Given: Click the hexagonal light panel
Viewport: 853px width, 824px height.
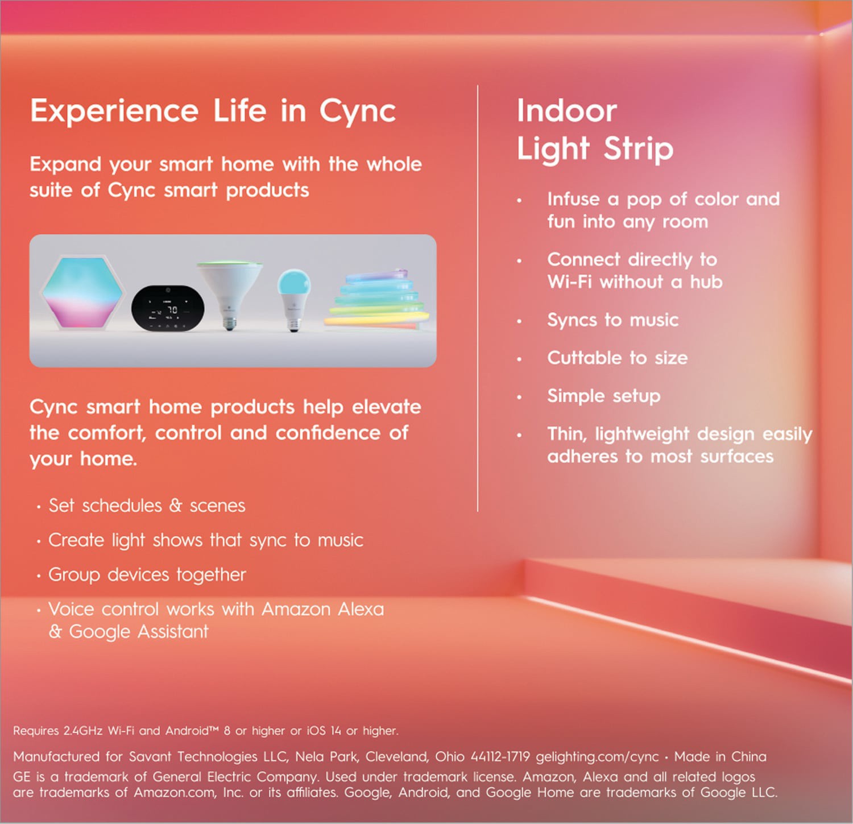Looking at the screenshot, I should (83, 293).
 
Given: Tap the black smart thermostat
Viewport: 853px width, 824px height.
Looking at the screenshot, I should (168, 308).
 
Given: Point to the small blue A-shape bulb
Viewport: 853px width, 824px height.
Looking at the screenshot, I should (293, 296).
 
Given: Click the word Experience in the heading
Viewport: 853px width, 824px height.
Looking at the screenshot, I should (114, 111).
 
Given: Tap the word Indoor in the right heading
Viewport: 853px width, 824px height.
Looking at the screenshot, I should (566, 110).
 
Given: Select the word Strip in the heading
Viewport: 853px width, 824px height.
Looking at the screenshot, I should (638, 149).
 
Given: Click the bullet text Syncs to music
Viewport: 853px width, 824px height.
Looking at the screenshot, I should (612, 320).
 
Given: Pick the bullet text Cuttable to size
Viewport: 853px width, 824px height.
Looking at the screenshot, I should (617, 358).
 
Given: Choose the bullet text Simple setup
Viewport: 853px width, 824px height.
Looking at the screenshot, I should (603, 396).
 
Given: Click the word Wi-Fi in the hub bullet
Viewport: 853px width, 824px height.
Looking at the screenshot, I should (569, 282).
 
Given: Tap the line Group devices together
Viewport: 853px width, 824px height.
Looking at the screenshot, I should (147, 575).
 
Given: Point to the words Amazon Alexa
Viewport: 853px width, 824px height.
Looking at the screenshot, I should (322, 609).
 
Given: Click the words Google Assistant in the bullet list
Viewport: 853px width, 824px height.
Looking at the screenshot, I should (139, 632).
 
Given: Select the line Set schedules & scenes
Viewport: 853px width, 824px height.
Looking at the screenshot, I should (147, 506).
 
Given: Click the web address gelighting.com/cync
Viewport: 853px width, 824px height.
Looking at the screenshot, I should (597, 757).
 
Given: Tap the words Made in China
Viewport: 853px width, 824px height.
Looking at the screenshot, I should (720, 757).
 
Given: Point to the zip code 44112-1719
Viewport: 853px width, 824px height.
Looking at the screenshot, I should (500, 757).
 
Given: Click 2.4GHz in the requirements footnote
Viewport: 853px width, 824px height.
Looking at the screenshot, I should (83, 731).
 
